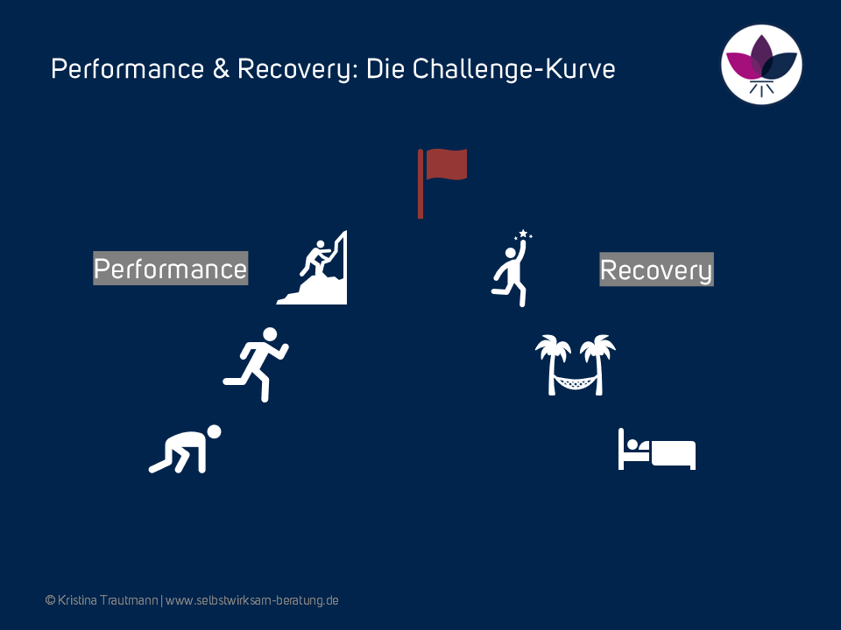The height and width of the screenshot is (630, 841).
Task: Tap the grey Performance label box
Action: pos(171,269)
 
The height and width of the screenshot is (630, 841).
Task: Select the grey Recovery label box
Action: pos(656,269)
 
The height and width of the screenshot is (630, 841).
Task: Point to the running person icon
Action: pos(256,364)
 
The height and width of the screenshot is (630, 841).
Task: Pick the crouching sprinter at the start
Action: pos(185,449)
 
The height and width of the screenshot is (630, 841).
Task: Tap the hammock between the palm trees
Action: pos(575,382)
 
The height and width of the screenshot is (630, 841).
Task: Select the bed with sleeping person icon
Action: pos(657,449)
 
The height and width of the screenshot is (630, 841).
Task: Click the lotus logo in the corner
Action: pos(761,64)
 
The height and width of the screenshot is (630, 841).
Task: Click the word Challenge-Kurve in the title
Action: pos(514,69)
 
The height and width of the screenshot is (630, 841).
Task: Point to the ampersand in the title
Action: pos(221,69)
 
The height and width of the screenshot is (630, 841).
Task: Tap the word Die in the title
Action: pos(385,69)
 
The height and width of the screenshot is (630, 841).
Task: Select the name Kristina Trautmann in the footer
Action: pos(108,600)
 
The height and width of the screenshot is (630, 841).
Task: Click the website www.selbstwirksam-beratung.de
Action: pos(252,600)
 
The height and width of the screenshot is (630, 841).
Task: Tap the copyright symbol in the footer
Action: pos(51,600)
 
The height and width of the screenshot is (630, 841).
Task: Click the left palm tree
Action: pos(553,365)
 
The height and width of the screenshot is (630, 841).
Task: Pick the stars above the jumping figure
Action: pos(524,234)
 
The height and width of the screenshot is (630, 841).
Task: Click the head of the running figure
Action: pos(270,334)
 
